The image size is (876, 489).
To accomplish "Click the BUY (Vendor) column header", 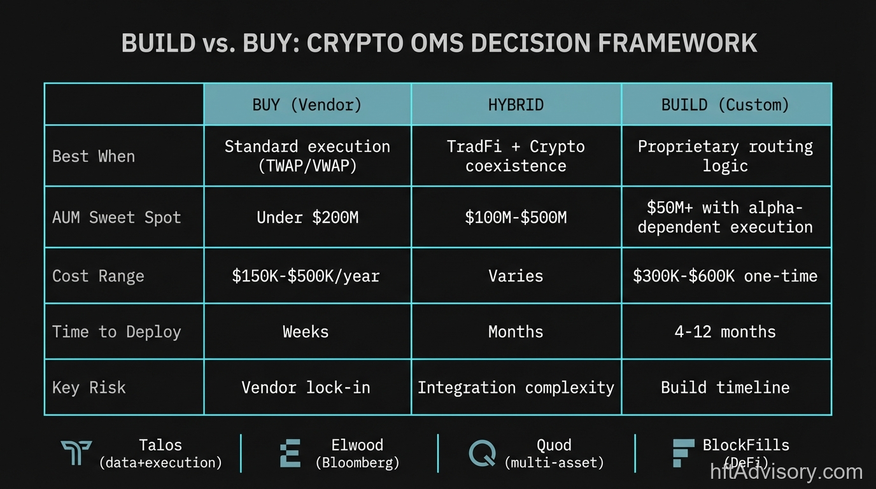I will (307, 104).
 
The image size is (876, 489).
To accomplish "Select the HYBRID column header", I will (516, 104).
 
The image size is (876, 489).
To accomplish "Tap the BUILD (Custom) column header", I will (725, 104).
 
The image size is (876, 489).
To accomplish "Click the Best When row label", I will (94, 156).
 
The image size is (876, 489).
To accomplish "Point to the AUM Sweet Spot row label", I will (117, 217).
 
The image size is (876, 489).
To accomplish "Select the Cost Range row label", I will (98, 276).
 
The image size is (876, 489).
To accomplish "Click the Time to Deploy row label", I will (117, 332).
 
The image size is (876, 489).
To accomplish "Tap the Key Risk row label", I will (88, 387).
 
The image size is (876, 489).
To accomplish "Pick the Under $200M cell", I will (307, 217).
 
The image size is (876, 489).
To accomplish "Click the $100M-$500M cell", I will (516, 217).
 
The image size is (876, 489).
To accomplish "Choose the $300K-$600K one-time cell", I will (725, 276).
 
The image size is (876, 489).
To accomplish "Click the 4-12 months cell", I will (725, 332).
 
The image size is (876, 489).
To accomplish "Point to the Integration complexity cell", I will (516, 387).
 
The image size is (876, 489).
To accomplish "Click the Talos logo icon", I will (76, 453).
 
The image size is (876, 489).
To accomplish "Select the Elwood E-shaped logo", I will (290, 453).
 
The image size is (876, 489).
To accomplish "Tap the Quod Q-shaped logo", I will (482, 453).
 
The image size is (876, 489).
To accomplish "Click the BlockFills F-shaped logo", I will (683, 453).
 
